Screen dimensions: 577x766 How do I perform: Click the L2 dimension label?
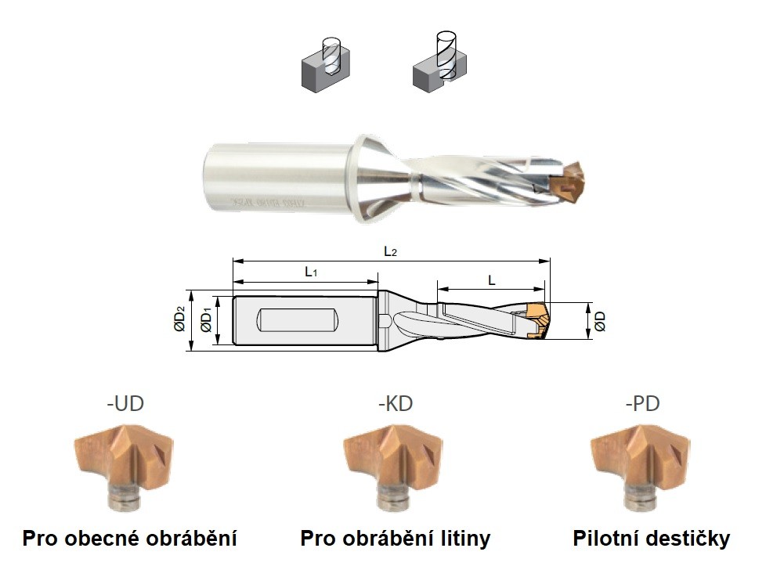pos(389,251)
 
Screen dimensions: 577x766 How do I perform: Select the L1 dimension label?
pos(311,271)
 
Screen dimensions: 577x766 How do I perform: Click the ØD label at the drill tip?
pos(600,321)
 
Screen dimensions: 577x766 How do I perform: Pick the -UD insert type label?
pos(125,404)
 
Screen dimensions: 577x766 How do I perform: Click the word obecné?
pos(102,539)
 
